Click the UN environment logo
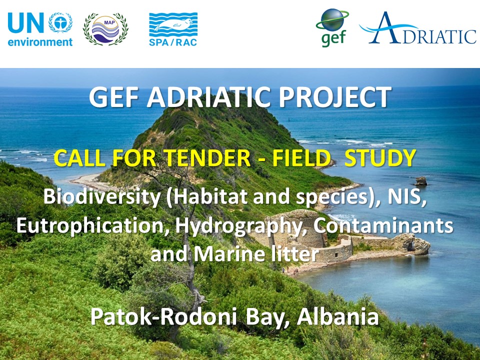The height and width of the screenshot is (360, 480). [40, 29]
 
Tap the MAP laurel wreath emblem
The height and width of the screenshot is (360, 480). [105, 29]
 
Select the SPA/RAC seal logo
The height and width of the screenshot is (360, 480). [173, 29]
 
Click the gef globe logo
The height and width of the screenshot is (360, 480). [332, 28]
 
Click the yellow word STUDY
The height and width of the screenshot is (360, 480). [380, 158]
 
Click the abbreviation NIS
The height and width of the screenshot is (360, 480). [406, 197]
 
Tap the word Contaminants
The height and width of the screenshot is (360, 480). [383, 226]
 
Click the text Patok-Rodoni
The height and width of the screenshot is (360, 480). [163, 317]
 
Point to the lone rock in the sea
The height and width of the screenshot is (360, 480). [421, 181]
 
